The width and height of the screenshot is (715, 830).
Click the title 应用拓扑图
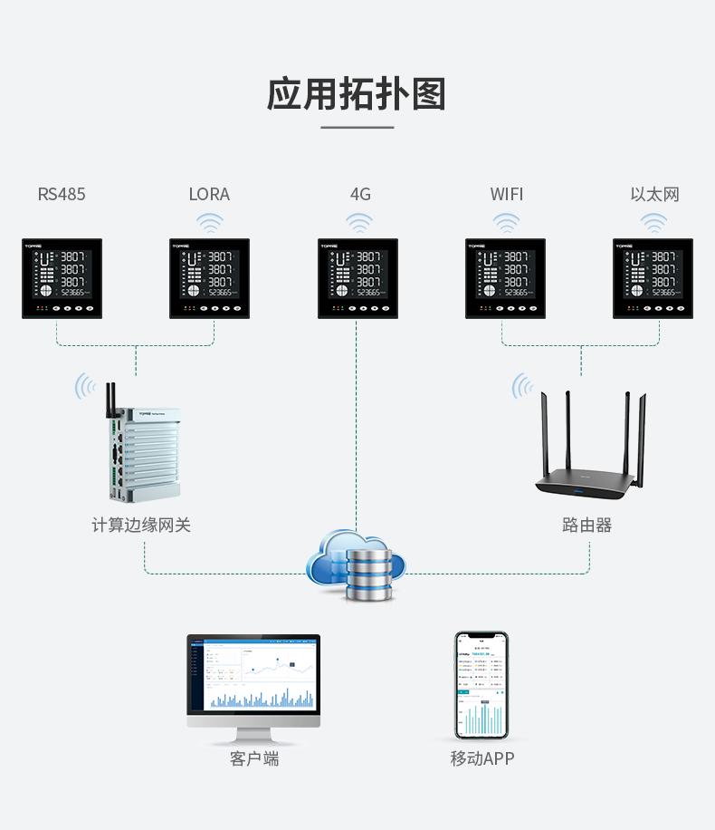(357, 94)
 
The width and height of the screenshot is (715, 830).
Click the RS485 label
(62, 194)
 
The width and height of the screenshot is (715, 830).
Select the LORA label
(209, 194)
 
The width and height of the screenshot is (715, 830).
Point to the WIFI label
(507, 194)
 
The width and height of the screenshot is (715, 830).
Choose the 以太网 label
(654, 194)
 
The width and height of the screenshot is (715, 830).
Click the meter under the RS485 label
(62, 278)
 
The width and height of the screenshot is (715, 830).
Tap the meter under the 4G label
(357, 278)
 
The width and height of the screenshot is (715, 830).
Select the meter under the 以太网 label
(653, 278)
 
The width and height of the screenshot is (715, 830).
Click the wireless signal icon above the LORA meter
(210, 223)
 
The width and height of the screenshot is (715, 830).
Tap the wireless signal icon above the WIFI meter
(506, 223)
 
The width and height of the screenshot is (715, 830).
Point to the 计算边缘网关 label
(141, 525)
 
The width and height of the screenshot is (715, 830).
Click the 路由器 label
(586, 525)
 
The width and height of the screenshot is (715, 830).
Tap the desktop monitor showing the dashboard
(253, 680)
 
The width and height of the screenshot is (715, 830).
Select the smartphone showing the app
(481, 685)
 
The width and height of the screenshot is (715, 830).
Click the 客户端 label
(254, 758)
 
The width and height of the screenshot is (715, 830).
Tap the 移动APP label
(482, 758)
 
